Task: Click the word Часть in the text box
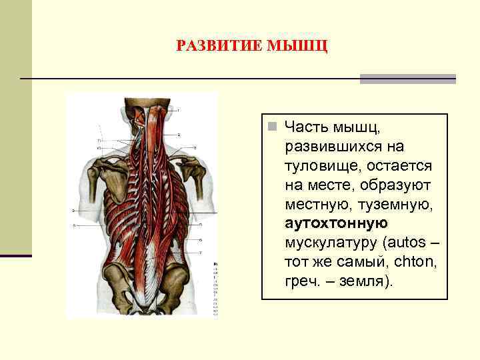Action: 308,126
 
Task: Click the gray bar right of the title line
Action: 407,79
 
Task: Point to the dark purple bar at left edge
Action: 15,255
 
